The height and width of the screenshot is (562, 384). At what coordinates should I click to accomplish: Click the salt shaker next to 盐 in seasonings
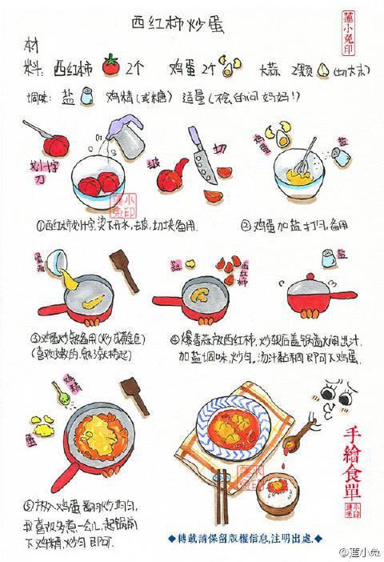[88, 97]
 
